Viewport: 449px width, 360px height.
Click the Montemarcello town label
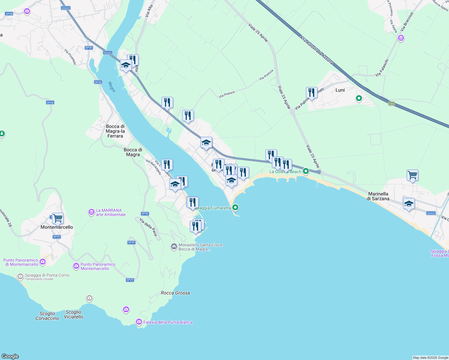coord(57,227)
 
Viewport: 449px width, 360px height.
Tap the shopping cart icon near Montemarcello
coord(58,218)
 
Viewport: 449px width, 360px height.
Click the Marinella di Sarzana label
coord(378,196)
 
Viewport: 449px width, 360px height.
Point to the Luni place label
coord(340,90)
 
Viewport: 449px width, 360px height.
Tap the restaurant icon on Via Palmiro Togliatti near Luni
coord(312,93)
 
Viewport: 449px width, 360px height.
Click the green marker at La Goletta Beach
coord(306,171)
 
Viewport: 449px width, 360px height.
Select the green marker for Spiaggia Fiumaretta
coord(236,207)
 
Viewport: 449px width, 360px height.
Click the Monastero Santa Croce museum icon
coord(174,247)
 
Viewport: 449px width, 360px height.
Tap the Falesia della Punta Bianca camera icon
coord(139,322)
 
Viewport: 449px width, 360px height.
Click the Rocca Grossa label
coord(175,293)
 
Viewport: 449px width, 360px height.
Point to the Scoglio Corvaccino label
coord(47,316)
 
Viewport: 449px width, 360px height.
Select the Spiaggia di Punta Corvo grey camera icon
coord(20,276)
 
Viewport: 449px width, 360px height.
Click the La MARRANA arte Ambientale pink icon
coord(91,212)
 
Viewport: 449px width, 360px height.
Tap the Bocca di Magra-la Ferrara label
coord(115,131)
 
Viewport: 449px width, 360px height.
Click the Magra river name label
coord(112,87)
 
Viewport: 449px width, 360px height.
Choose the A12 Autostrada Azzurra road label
coord(316,50)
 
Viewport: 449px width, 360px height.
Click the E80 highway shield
coord(391,104)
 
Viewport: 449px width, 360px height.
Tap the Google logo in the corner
coord(10,356)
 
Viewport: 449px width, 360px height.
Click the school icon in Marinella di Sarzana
coord(409,204)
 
